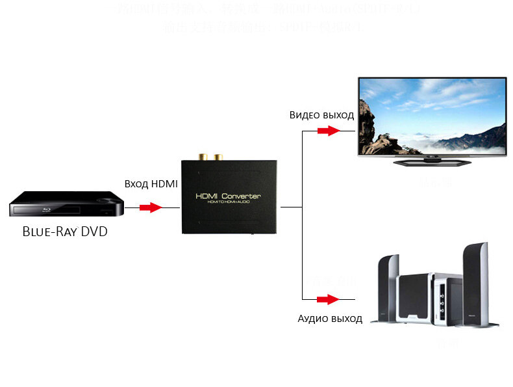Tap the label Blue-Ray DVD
tap(65, 232)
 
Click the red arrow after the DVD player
tap(151, 207)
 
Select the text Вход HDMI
tap(151, 184)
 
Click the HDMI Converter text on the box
tap(228, 196)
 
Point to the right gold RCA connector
tap(218, 157)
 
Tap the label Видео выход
tap(321, 115)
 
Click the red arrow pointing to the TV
tap(329, 131)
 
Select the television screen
tap(432, 116)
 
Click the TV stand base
tap(431, 161)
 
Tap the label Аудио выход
tap(330, 319)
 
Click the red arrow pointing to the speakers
tap(329, 300)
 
